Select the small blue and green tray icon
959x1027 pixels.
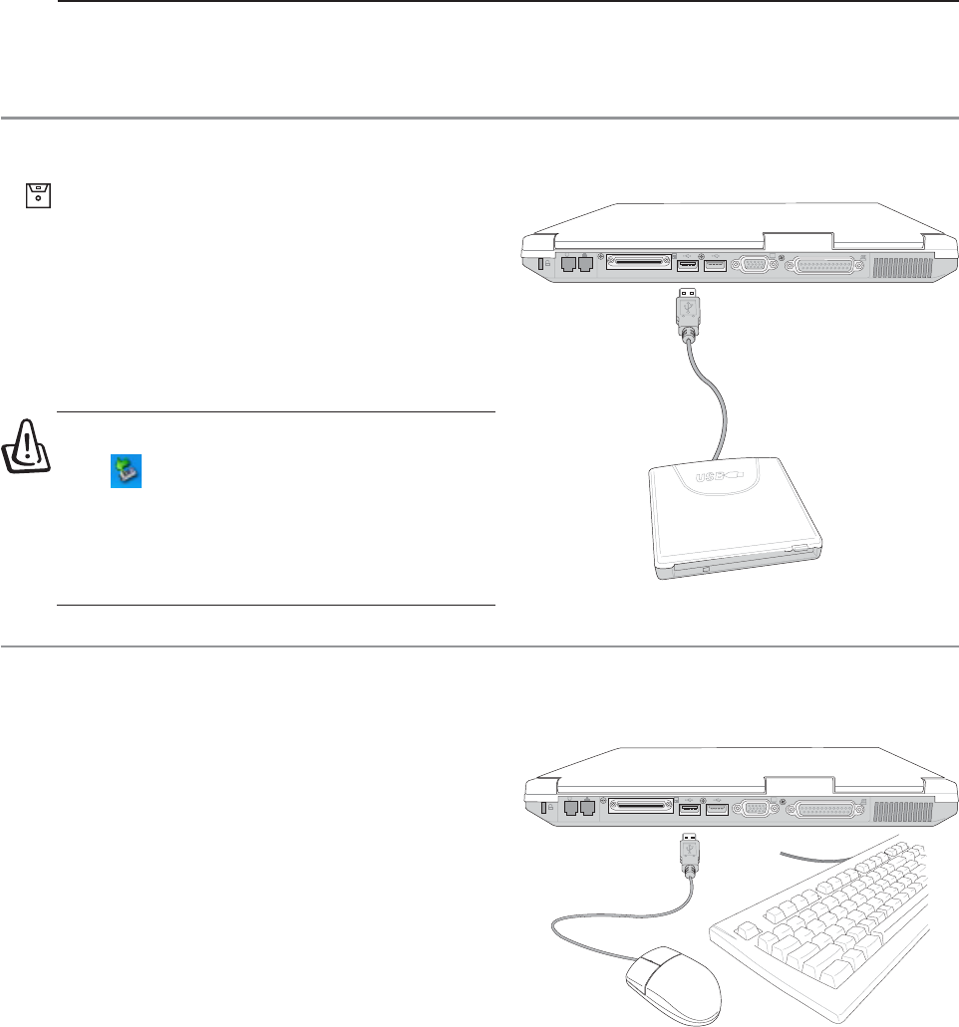[126, 471]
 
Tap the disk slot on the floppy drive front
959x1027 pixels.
[733, 570]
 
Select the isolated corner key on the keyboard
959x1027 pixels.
[742, 930]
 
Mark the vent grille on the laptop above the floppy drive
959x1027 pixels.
[901, 266]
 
